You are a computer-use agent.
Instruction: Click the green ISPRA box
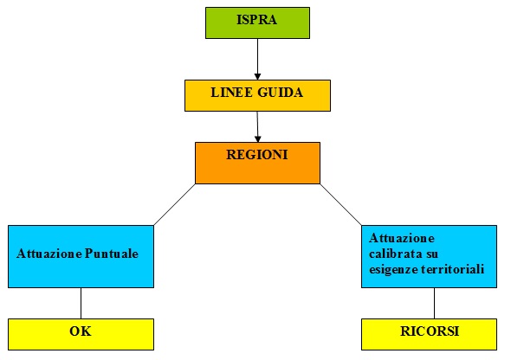point(257,22)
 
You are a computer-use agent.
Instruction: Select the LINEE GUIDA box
point(257,95)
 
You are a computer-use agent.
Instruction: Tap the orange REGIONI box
point(257,163)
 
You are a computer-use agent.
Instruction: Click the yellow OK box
point(81,334)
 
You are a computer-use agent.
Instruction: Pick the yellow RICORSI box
point(430,334)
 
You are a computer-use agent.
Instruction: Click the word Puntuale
point(112,254)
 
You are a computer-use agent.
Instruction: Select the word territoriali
point(453,269)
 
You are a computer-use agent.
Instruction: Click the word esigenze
point(394,270)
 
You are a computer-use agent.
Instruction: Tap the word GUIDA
point(281,93)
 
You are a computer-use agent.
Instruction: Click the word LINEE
point(232,93)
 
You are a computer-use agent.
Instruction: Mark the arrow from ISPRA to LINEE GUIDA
point(257,59)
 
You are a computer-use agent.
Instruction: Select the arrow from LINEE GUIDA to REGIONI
point(257,126)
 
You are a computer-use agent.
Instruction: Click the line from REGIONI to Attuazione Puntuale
point(174,204)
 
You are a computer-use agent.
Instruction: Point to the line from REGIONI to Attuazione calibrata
point(341,204)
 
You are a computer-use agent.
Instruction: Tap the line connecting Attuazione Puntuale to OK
point(81,304)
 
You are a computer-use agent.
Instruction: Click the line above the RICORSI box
point(434,304)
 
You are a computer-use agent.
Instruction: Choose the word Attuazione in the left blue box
point(49,254)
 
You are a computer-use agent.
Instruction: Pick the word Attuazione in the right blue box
point(402,238)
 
